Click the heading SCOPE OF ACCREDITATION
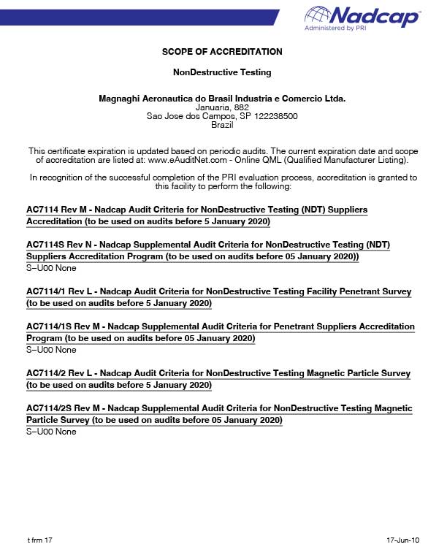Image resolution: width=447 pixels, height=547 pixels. pos(222,52)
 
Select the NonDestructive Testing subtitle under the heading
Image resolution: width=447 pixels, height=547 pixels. pos(222,72)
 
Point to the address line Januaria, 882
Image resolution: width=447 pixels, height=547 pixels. pos(222,107)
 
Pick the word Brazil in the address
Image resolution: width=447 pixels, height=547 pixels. pos(222,125)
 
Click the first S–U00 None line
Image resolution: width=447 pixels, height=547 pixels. pos(51,269)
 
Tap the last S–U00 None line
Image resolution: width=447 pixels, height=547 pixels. pos(51,432)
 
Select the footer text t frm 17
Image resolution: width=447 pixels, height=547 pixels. pos(39,540)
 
